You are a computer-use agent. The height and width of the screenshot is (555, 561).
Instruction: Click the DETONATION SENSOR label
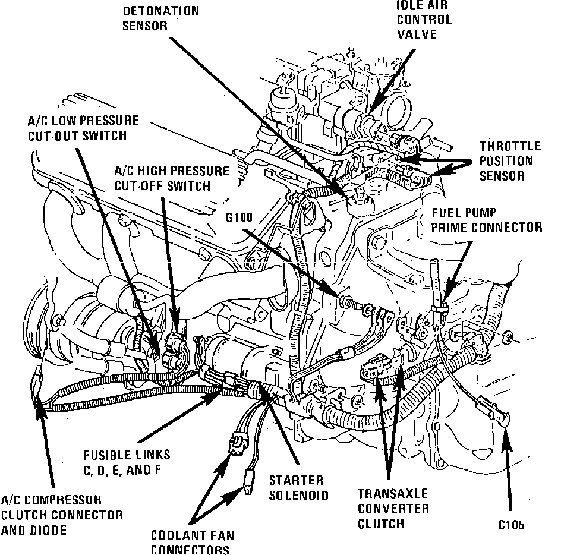(x=160, y=18)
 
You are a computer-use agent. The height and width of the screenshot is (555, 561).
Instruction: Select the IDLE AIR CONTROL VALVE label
(x=424, y=19)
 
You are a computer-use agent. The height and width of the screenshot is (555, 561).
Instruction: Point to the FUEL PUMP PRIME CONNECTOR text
(x=486, y=219)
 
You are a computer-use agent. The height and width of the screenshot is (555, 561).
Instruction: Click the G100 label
(x=239, y=217)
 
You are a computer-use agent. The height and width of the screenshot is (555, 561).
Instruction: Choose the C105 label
(x=512, y=525)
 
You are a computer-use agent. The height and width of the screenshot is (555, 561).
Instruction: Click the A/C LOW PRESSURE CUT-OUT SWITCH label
(x=83, y=128)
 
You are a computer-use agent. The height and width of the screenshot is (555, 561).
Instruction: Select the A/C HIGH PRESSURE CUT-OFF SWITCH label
(x=171, y=178)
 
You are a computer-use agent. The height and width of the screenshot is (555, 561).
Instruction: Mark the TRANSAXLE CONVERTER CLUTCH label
(x=393, y=509)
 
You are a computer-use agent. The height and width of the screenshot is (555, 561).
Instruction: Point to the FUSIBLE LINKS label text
(x=127, y=462)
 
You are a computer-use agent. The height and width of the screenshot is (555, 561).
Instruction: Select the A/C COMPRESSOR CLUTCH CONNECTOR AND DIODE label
(x=62, y=514)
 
